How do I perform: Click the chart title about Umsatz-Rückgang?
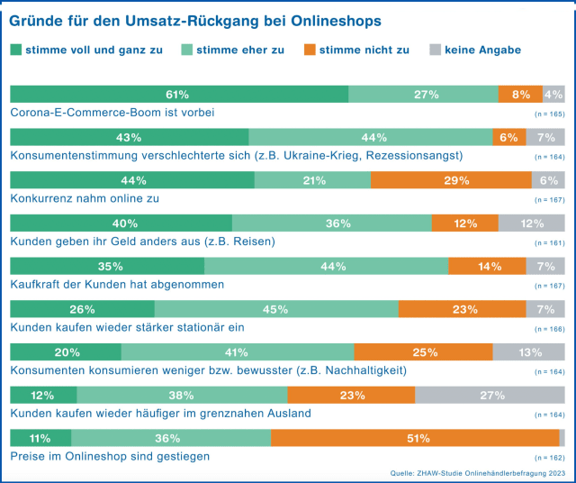195,19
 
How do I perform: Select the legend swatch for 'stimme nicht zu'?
311,50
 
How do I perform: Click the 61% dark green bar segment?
178,94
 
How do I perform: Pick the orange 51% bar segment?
415,438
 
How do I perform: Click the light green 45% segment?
276,309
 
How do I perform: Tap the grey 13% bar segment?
528,352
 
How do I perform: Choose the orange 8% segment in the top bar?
520,94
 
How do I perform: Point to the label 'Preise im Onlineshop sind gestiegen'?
110,456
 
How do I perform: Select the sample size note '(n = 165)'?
549,114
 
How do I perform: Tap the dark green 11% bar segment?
40,438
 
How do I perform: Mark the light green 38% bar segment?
182,395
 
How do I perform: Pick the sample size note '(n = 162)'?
549,458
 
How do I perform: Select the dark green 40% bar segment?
121,223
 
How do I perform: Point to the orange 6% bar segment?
508,137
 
